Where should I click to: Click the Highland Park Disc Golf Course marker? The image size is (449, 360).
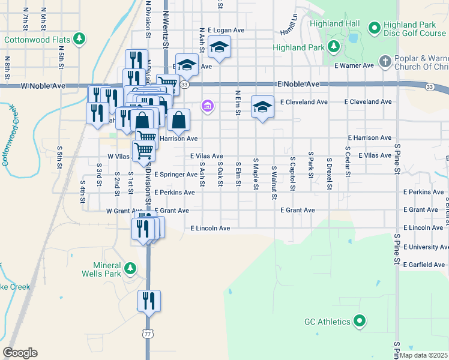[375, 28]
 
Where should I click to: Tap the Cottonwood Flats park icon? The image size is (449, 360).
[79, 40]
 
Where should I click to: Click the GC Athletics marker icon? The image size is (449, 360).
[360, 322]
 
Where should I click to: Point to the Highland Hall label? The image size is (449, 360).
[335, 24]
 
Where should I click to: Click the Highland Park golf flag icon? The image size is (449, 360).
[333, 47]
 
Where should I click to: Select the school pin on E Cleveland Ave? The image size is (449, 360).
[262, 107]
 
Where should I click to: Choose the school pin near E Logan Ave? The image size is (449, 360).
[220, 48]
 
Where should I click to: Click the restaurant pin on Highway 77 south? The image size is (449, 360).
[149, 301]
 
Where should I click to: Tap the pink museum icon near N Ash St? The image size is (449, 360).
[208, 106]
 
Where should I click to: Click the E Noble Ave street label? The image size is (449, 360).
[298, 85]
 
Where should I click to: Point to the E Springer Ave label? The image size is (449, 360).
[175, 175]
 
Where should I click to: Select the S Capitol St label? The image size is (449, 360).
[292, 175]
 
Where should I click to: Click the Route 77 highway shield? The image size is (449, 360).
[147, 332]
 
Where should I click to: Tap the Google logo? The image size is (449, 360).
[20, 353]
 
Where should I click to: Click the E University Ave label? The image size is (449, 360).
[426, 247]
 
